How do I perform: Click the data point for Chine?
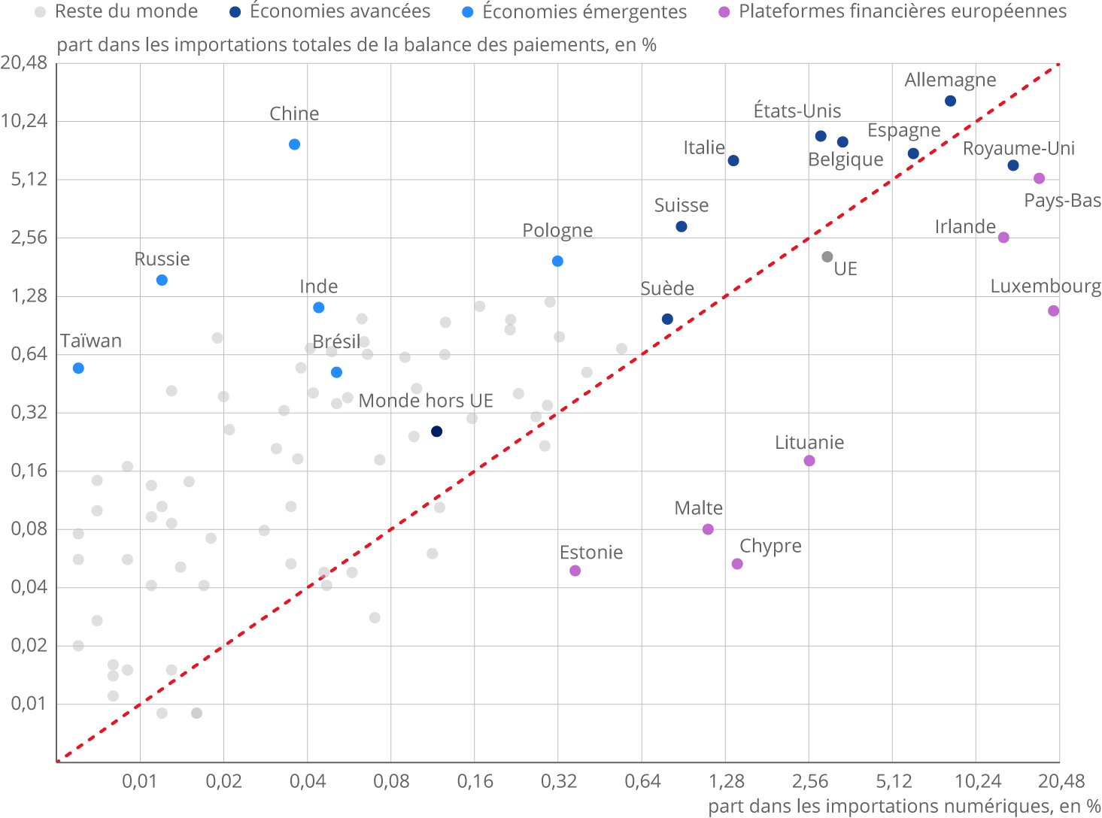click(294, 144)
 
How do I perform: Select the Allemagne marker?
click(950, 101)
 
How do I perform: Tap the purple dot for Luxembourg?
click(1053, 311)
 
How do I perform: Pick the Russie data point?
click(162, 280)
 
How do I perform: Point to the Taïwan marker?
click(78, 368)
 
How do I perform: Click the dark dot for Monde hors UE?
click(436, 432)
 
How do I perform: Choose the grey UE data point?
click(827, 256)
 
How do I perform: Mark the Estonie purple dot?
click(575, 571)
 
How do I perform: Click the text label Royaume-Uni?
click(1019, 148)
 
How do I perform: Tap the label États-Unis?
click(797, 111)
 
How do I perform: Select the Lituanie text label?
click(809, 443)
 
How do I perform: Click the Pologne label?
click(557, 231)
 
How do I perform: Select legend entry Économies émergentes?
click(584, 12)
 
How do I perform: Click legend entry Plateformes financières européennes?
click(902, 12)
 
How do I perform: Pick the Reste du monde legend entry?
click(126, 12)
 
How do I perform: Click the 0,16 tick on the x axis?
click(475, 781)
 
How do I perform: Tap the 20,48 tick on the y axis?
click(24, 62)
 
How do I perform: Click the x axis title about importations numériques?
click(904, 807)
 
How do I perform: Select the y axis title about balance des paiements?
click(357, 45)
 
